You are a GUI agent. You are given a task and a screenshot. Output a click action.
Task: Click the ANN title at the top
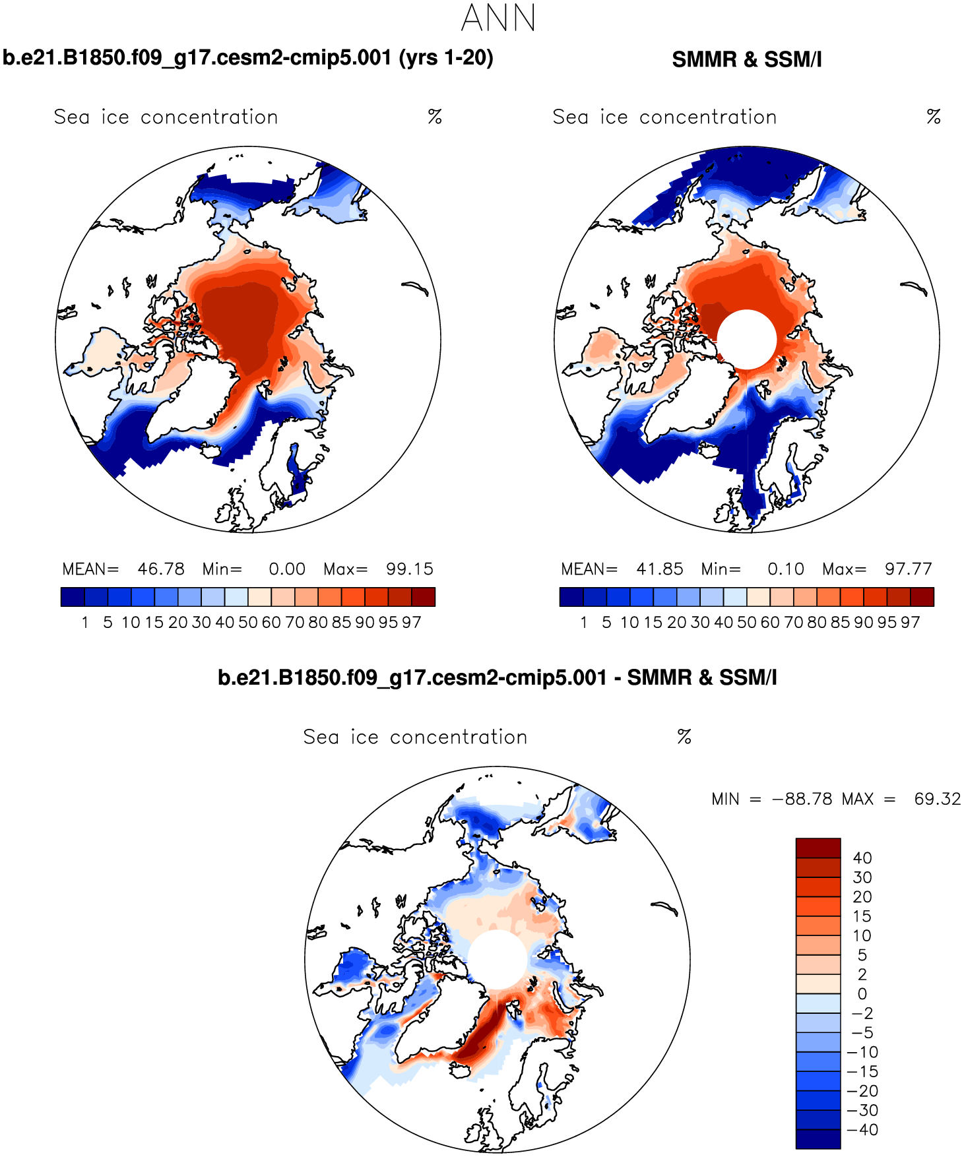click(498, 18)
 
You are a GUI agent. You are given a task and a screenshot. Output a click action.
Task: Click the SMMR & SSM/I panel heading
click(746, 59)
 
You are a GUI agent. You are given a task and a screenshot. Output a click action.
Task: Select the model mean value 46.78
click(161, 569)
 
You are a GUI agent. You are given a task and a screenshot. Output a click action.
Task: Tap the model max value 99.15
click(410, 569)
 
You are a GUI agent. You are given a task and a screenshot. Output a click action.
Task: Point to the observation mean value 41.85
click(660, 569)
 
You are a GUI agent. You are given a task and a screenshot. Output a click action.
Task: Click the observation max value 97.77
click(909, 569)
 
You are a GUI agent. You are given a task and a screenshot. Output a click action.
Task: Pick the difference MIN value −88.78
click(802, 799)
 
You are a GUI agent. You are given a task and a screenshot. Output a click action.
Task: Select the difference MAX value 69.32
click(937, 799)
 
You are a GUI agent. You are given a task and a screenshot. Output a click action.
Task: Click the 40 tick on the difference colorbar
click(862, 858)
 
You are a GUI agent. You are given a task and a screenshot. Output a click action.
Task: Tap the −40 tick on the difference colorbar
click(862, 1129)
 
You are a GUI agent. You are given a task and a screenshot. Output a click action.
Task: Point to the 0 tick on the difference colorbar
click(862, 993)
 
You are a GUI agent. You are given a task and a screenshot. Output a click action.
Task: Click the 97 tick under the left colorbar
click(412, 622)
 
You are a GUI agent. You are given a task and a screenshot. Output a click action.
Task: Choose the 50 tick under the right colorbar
click(746, 622)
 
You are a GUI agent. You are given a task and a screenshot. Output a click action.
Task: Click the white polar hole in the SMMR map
click(746, 339)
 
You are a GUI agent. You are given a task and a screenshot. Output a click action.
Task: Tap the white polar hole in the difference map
click(497, 959)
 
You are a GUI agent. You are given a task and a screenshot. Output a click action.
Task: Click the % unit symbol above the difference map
click(684, 737)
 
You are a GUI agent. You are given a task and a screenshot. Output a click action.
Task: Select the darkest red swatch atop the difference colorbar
click(818, 848)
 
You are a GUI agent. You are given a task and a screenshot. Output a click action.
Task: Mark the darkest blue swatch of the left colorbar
click(73, 597)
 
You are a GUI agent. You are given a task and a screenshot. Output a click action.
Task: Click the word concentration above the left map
click(209, 117)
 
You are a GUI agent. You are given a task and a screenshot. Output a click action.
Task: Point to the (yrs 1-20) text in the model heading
click(446, 58)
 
